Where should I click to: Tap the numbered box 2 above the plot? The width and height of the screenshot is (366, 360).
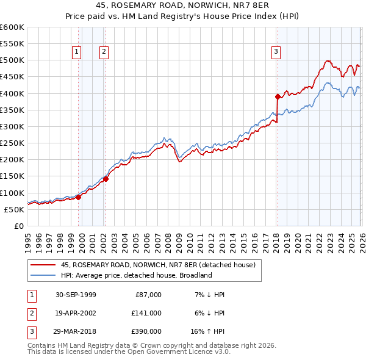pos(104,52)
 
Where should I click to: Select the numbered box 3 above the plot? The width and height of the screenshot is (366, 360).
pos(276,52)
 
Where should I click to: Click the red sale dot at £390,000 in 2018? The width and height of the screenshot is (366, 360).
pos(278,96)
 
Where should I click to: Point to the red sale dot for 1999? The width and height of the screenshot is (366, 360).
pos(79,197)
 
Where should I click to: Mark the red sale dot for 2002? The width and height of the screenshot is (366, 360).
pos(106,179)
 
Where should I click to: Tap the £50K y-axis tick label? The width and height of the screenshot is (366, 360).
pos(15,209)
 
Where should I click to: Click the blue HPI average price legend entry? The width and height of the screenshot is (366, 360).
pos(135,275)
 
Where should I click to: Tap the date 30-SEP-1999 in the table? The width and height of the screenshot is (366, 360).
pos(76,295)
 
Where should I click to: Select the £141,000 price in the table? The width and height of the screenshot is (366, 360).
pos(146,313)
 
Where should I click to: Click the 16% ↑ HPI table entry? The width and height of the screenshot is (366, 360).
pos(208,331)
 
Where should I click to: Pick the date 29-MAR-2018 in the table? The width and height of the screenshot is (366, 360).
pos(76,331)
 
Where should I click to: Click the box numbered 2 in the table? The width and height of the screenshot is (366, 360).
pos(30,313)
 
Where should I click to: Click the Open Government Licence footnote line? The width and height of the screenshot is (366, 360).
pos(129,352)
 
